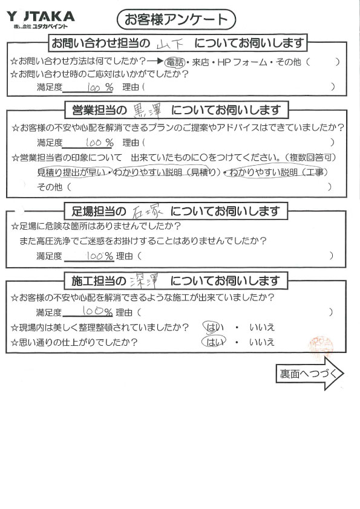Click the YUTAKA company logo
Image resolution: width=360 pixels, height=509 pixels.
[41, 20]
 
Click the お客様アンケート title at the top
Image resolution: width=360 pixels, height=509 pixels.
[176, 19]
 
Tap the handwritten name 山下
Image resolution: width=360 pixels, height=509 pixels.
[169, 44]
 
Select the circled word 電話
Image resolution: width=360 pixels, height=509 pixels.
[175, 62]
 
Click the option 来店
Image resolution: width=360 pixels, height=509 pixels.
[200, 62]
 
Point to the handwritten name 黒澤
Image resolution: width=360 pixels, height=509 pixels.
[148, 111]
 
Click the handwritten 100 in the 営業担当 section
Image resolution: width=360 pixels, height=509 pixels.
[94, 142]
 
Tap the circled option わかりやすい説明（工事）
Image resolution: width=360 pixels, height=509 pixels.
[278, 172]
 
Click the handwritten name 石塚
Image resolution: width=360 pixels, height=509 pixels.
[148, 212]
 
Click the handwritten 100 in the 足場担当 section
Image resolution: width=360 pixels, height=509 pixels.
[95, 256]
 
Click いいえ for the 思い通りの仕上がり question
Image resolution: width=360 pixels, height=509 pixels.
[262, 342]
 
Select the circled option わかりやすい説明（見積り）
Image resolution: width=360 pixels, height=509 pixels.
[166, 172]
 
